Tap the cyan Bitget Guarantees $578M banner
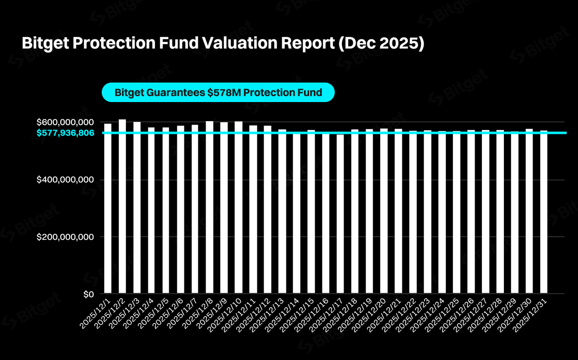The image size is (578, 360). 218,93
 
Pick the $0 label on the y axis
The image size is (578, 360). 89,295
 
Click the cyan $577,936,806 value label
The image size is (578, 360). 65,133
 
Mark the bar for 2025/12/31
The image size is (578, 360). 544,212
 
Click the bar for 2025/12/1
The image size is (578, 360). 108,208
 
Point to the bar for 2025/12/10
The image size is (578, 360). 238,207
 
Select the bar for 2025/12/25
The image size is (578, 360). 457,212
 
